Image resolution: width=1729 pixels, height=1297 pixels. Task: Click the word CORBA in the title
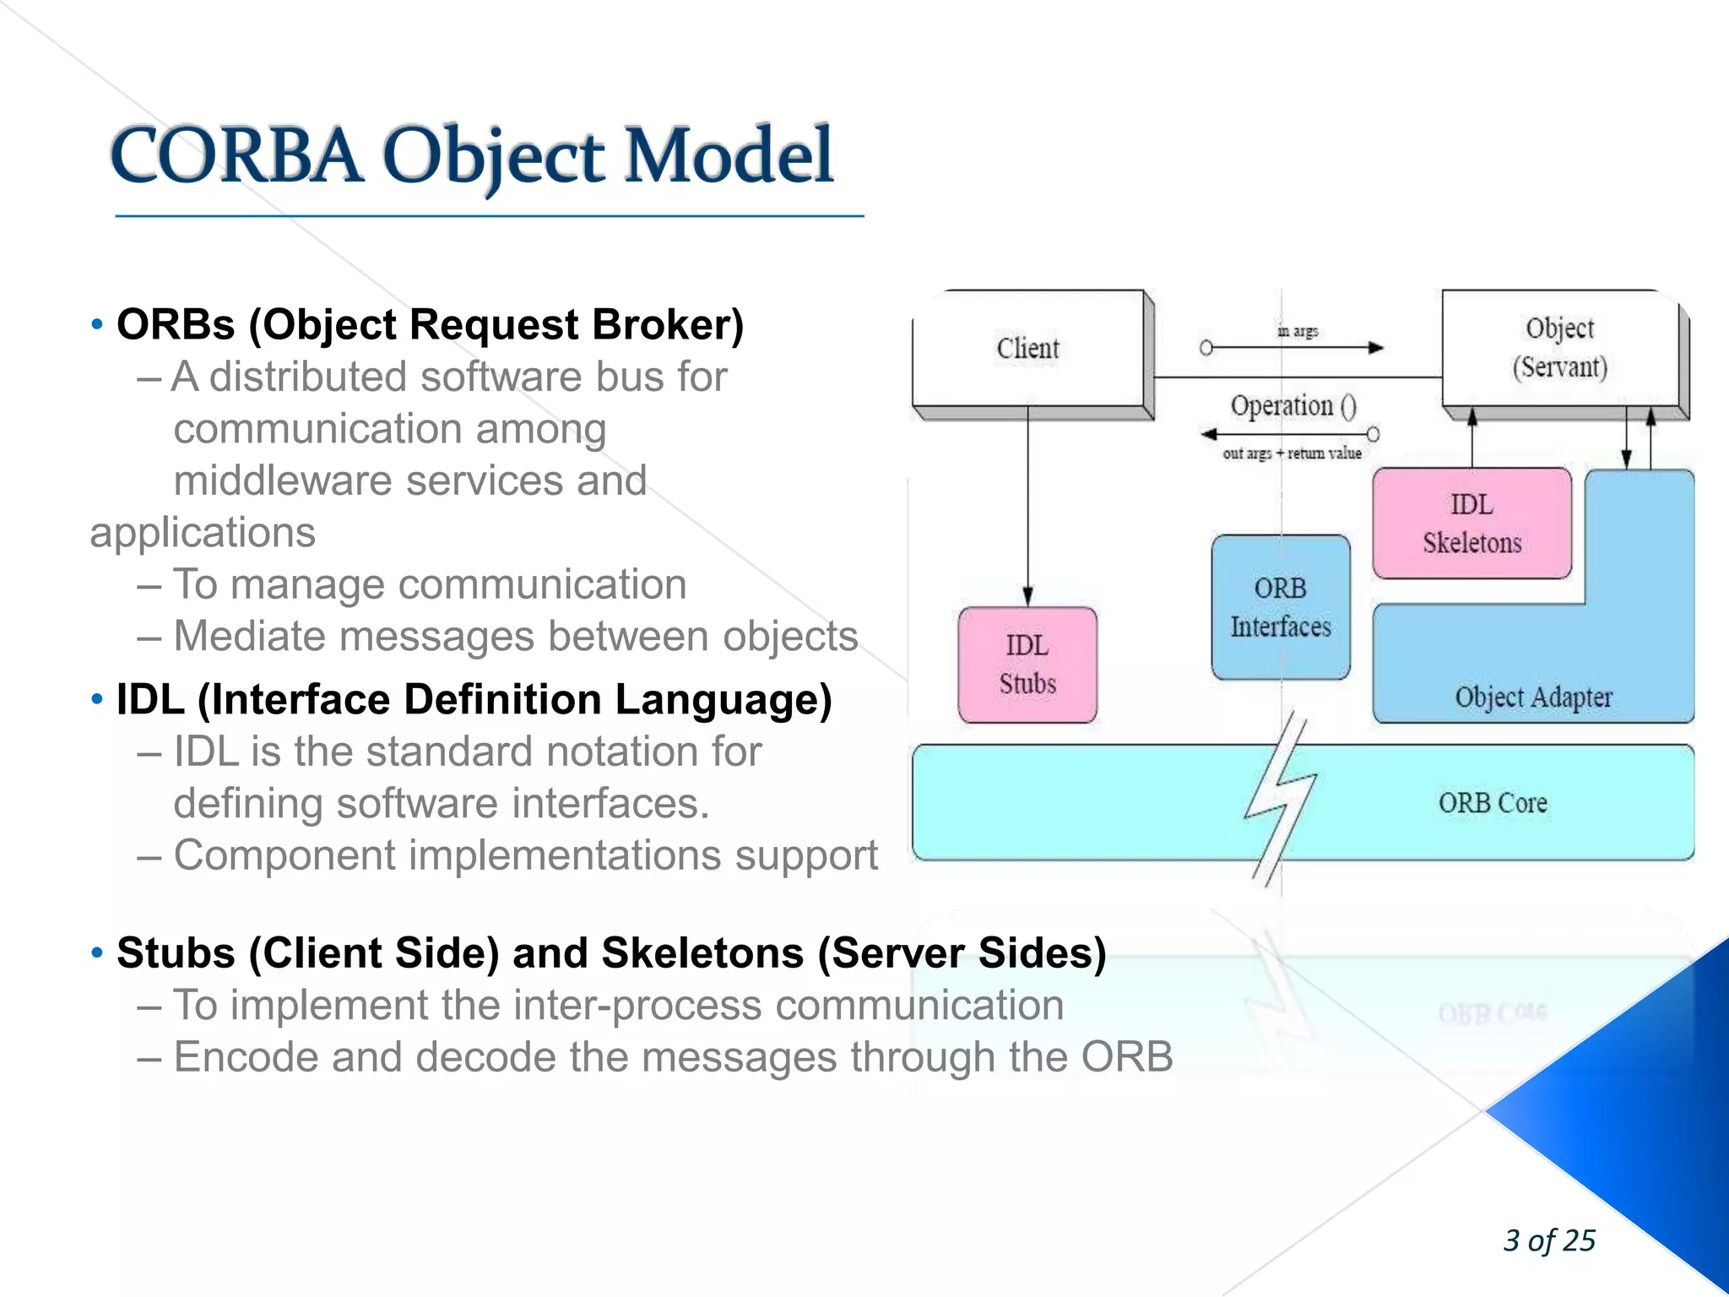click(x=236, y=156)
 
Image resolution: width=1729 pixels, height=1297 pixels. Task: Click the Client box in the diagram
click(x=1027, y=348)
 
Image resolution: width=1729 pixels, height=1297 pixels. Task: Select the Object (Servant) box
click(x=1559, y=348)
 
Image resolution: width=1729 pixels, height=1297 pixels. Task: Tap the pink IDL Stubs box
click(x=1027, y=665)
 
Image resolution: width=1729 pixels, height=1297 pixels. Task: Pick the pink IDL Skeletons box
click(x=1472, y=524)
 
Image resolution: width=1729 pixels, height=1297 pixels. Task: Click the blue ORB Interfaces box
click(x=1280, y=607)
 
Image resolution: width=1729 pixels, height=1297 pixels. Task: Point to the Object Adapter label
click(x=1533, y=697)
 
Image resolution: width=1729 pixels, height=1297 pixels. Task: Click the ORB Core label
click(x=1493, y=802)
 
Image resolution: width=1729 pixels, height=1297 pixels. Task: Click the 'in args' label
click(x=1298, y=331)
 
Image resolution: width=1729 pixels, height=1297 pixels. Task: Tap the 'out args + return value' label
click(x=1292, y=453)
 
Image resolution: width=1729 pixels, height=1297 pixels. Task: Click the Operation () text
click(x=1293, y=406)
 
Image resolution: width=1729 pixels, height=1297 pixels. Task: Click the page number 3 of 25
click(x=1549, y=1240)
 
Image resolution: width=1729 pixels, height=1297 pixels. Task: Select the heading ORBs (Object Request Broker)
click(x=430, y=325)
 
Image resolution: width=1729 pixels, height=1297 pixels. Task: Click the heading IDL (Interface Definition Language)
click(x=474, y=700)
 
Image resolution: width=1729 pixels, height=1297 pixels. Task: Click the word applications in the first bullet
click(x=203, y=533)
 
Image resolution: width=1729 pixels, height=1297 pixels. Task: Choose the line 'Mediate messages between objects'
click(x=515, y=637)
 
